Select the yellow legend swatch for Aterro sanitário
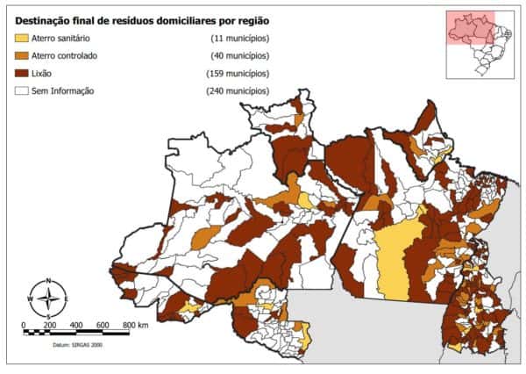point(21,40)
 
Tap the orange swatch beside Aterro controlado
point(21,56)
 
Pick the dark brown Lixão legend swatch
point(21,74)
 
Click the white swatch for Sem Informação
point(21,90)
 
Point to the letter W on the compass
point(30,298)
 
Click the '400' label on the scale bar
point(76,325)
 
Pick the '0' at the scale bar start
point(24,325)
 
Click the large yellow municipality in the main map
point(393,259)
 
